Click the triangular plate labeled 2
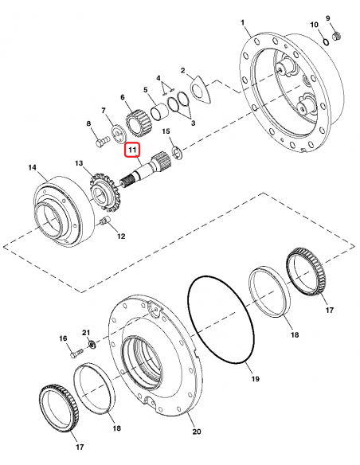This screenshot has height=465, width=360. (327, 41)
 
